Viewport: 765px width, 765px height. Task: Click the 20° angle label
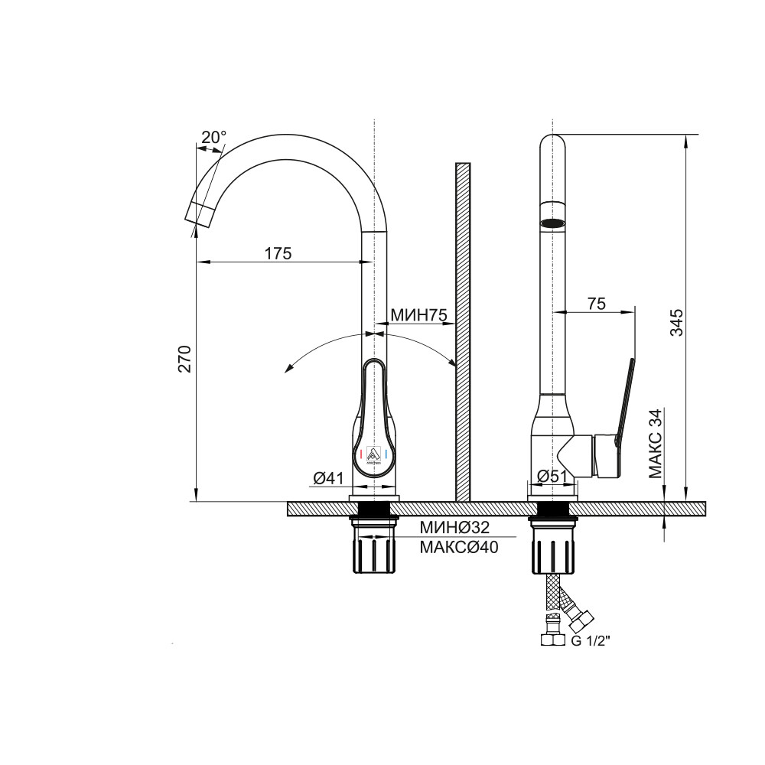tap(213, 137)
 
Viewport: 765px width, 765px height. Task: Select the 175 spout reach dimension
tap(278, 253)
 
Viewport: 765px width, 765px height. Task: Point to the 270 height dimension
tap(184, 359)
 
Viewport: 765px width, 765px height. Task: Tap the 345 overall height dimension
tap(676, 322)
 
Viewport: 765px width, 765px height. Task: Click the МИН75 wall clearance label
tap(418, 315)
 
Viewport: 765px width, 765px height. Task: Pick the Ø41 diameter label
tap(329, 478)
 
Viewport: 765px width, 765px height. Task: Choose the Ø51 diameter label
tap(552, 476)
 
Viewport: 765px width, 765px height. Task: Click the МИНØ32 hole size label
tap(454, 527)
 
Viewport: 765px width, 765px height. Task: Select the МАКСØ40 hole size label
tap(459, 548)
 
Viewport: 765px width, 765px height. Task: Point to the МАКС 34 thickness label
tap(656, 443)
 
